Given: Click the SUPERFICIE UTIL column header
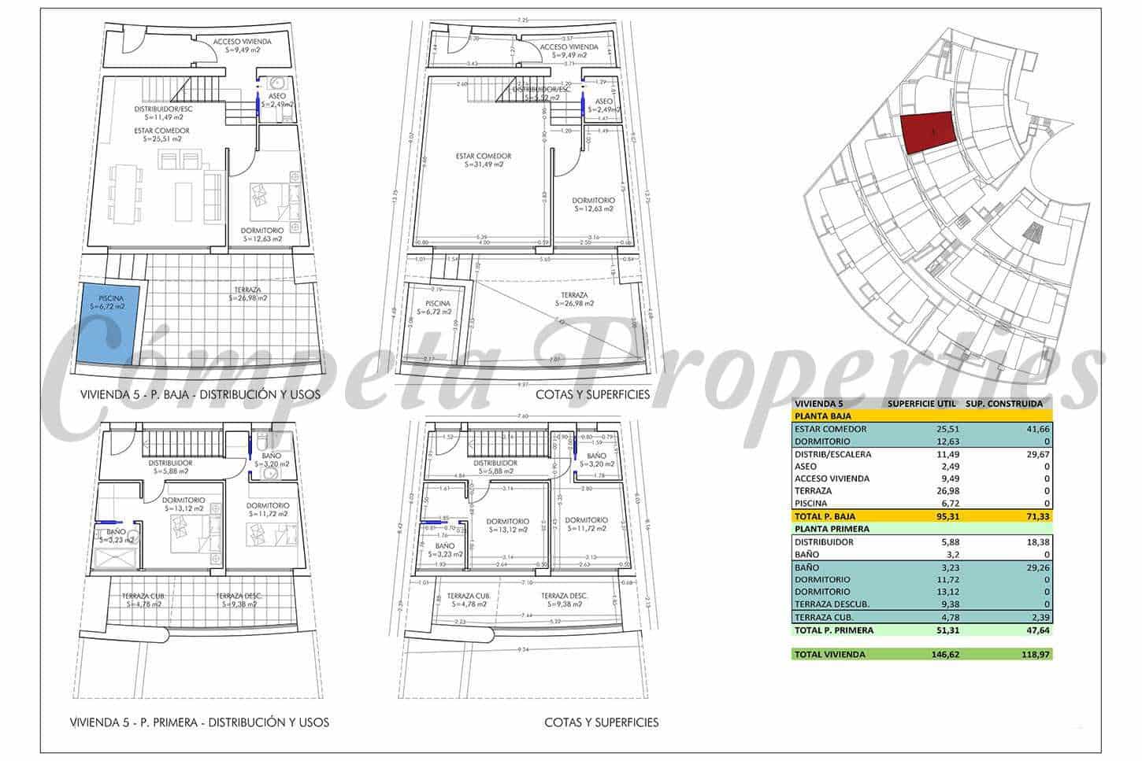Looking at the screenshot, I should click(x=921, y=404).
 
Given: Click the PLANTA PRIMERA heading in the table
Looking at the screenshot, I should click(x=832, y=529).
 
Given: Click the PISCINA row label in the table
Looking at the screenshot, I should click(x=812, y=503).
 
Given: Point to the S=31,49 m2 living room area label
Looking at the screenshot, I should click(x=484, y=165).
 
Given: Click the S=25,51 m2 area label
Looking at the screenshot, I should click(x=161, y=139).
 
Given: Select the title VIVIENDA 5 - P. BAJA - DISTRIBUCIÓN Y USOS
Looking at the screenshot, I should click(x=201, y=394).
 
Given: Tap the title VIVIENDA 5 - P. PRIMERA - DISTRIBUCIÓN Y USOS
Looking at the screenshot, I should click(x=199, y=722).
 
